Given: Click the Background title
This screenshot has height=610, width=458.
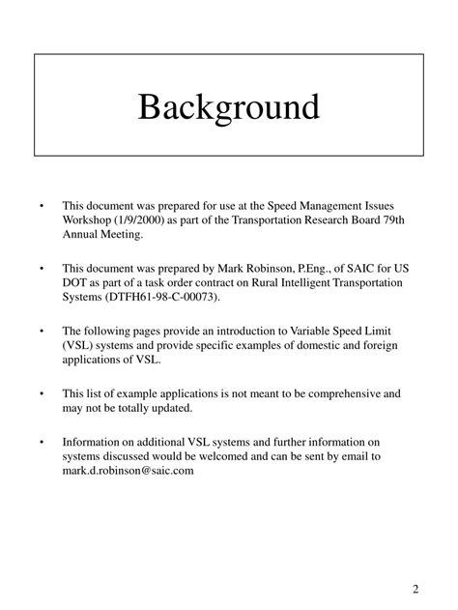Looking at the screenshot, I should tap(228, 105).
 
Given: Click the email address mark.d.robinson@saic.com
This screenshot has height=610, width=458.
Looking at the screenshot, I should tap(129, 471).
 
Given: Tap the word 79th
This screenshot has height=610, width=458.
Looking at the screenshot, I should tap(382, 220).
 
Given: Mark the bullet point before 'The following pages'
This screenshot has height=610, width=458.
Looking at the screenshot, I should tap(42, 331).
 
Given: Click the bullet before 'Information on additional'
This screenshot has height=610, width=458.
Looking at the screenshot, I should tap(42, 441).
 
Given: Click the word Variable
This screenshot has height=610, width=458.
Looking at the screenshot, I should tap(298, 331).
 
